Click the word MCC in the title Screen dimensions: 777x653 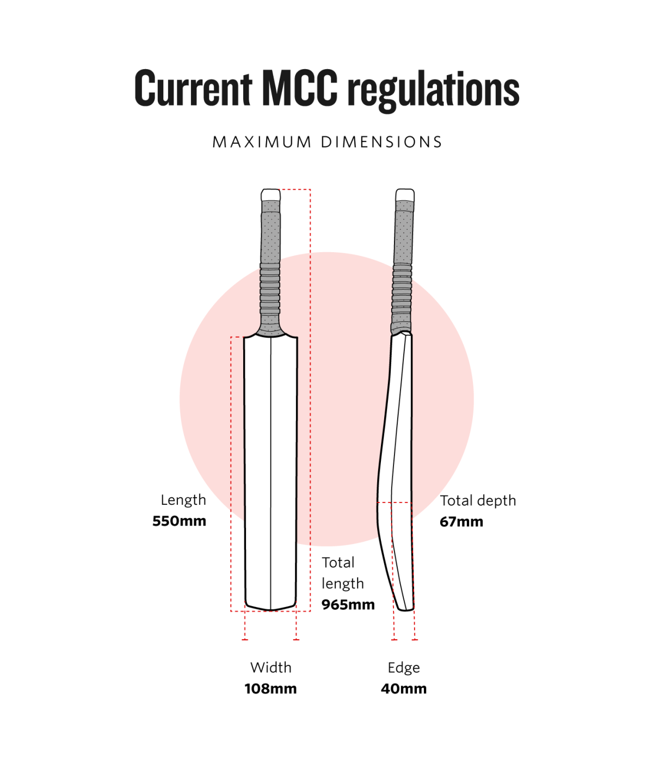[x=299, y=88]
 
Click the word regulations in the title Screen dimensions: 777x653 [x=433, y=90]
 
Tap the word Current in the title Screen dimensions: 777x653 [x=193, y=88]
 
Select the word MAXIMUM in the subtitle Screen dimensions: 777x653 [x=262, y=142]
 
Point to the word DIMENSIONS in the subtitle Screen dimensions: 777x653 [x=381, y=142]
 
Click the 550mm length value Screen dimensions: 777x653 [x=179, y=521]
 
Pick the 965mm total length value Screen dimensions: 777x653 [x=348, y=604]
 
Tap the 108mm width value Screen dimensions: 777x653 [x=270, y=689]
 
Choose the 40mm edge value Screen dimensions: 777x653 [x=403, y=689]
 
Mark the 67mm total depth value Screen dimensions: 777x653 [x=461, y=522]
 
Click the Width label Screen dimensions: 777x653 [x=270, y=668]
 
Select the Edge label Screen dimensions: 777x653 [x=403, y=668]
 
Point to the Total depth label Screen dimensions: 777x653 [x=478, y=500]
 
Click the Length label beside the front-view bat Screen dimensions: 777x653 [x=183, y=500]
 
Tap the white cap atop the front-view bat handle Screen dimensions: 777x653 [x=270, y=195]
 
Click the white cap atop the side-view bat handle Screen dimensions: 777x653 [x=404, y=195]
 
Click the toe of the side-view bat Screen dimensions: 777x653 [x=404, y=605]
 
